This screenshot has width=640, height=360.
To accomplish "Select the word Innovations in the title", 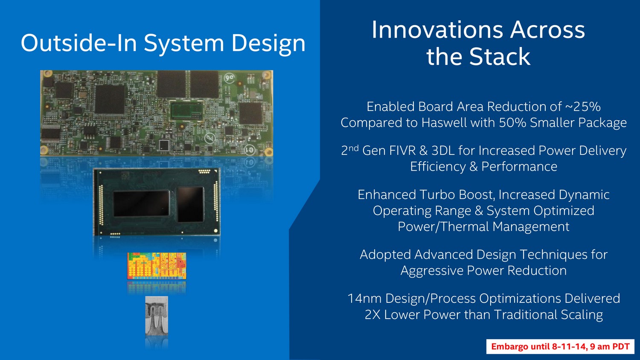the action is [x=437, y=30].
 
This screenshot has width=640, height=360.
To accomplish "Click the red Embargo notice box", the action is [x=560, y=347].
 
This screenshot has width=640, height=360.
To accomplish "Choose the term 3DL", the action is [x=443, y=151].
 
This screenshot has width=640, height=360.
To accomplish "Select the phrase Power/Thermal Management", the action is [x=483, y=226].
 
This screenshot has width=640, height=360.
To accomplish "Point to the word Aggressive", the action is [x=432, y=270].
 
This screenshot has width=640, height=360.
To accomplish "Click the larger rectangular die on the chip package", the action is [x=141, y=203].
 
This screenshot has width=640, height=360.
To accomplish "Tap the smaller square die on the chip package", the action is [x=190, y=204].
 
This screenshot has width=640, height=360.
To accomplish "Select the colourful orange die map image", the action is [x=157, y=266].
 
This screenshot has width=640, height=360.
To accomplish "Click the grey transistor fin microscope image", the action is [x=157, y=316].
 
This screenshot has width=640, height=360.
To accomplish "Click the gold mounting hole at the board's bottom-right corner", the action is [x=268, y=151].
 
